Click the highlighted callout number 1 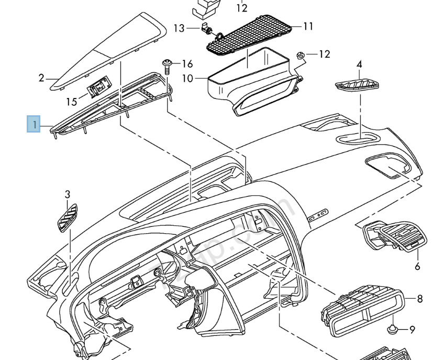[x=34, y=125]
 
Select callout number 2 [x=41, y=79]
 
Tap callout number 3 [x=67, y=194]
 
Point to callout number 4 [x=359, y=64]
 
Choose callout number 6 [x=417, y=266]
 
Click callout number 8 [x=419, y=299]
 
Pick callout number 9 [x=413, y=330]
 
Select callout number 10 [x=187, y=79]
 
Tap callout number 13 [x=179, y=28]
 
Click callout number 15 [x=72, y=101]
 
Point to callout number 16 [x=187, y=64]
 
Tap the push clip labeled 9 [x=392, y=330]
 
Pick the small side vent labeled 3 [x=67, y=216]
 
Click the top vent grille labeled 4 [x=356, y=85]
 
